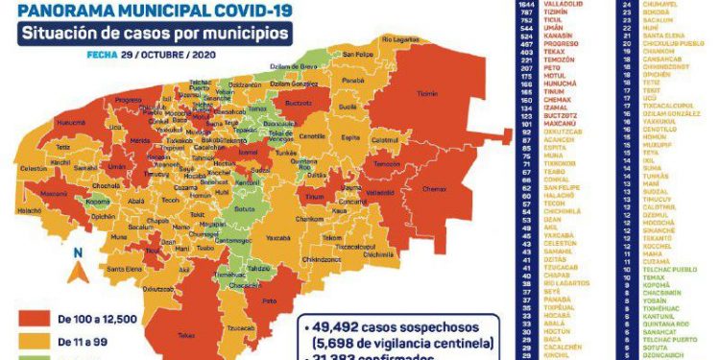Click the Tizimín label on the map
click(x=428, y=93)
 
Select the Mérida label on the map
click(x=140, y=140)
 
